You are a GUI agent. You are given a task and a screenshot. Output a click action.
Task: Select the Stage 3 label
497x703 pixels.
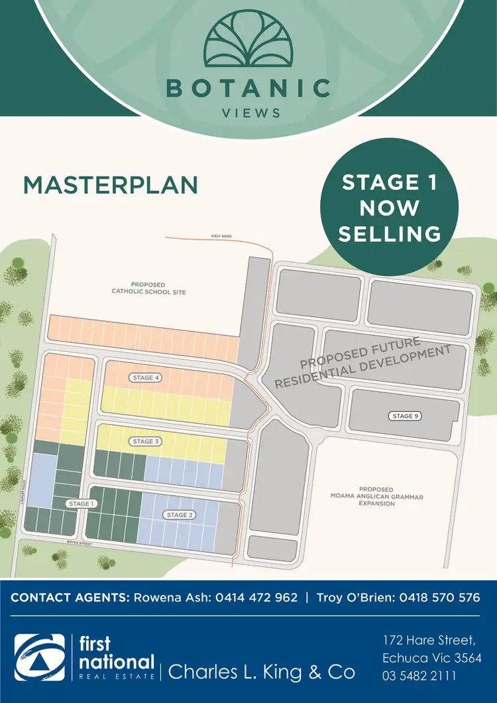[147, 441]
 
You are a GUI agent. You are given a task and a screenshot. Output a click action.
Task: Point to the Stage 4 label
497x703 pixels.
[147, 377]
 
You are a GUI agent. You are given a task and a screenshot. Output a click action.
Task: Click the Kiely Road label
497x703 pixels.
[222, 235]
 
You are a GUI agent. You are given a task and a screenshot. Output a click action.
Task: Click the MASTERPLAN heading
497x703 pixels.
[111, 185]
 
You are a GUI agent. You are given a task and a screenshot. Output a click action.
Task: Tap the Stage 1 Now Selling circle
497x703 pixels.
[390, 208]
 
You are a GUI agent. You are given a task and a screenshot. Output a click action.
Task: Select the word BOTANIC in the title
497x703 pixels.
[248, 88]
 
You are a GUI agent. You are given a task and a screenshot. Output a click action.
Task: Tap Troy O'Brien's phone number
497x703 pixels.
[439, 598]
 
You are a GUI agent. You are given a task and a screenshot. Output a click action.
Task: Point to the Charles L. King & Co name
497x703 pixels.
[262, 672]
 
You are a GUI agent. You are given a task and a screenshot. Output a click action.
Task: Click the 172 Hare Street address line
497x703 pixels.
[429, 641]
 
